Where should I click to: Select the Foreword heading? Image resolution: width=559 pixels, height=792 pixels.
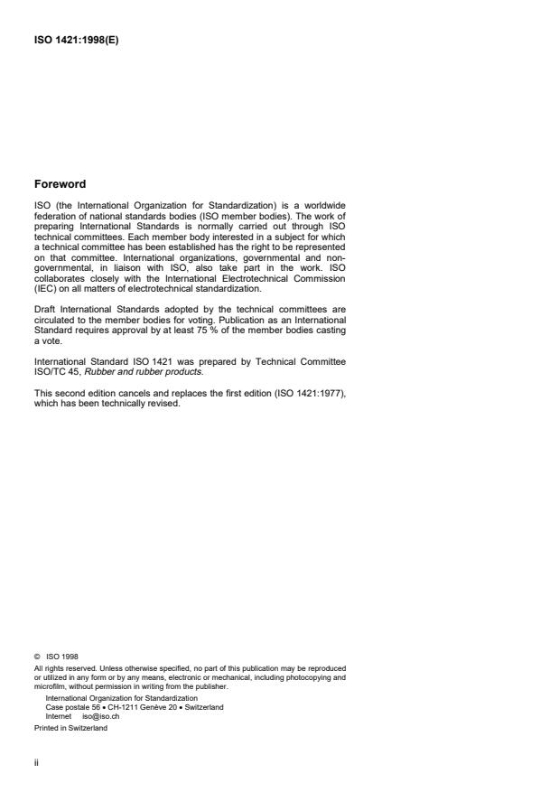point(60,184)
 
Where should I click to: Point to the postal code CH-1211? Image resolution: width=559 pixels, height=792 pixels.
point(129,707)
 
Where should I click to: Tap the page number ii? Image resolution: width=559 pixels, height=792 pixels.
point(35,760)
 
